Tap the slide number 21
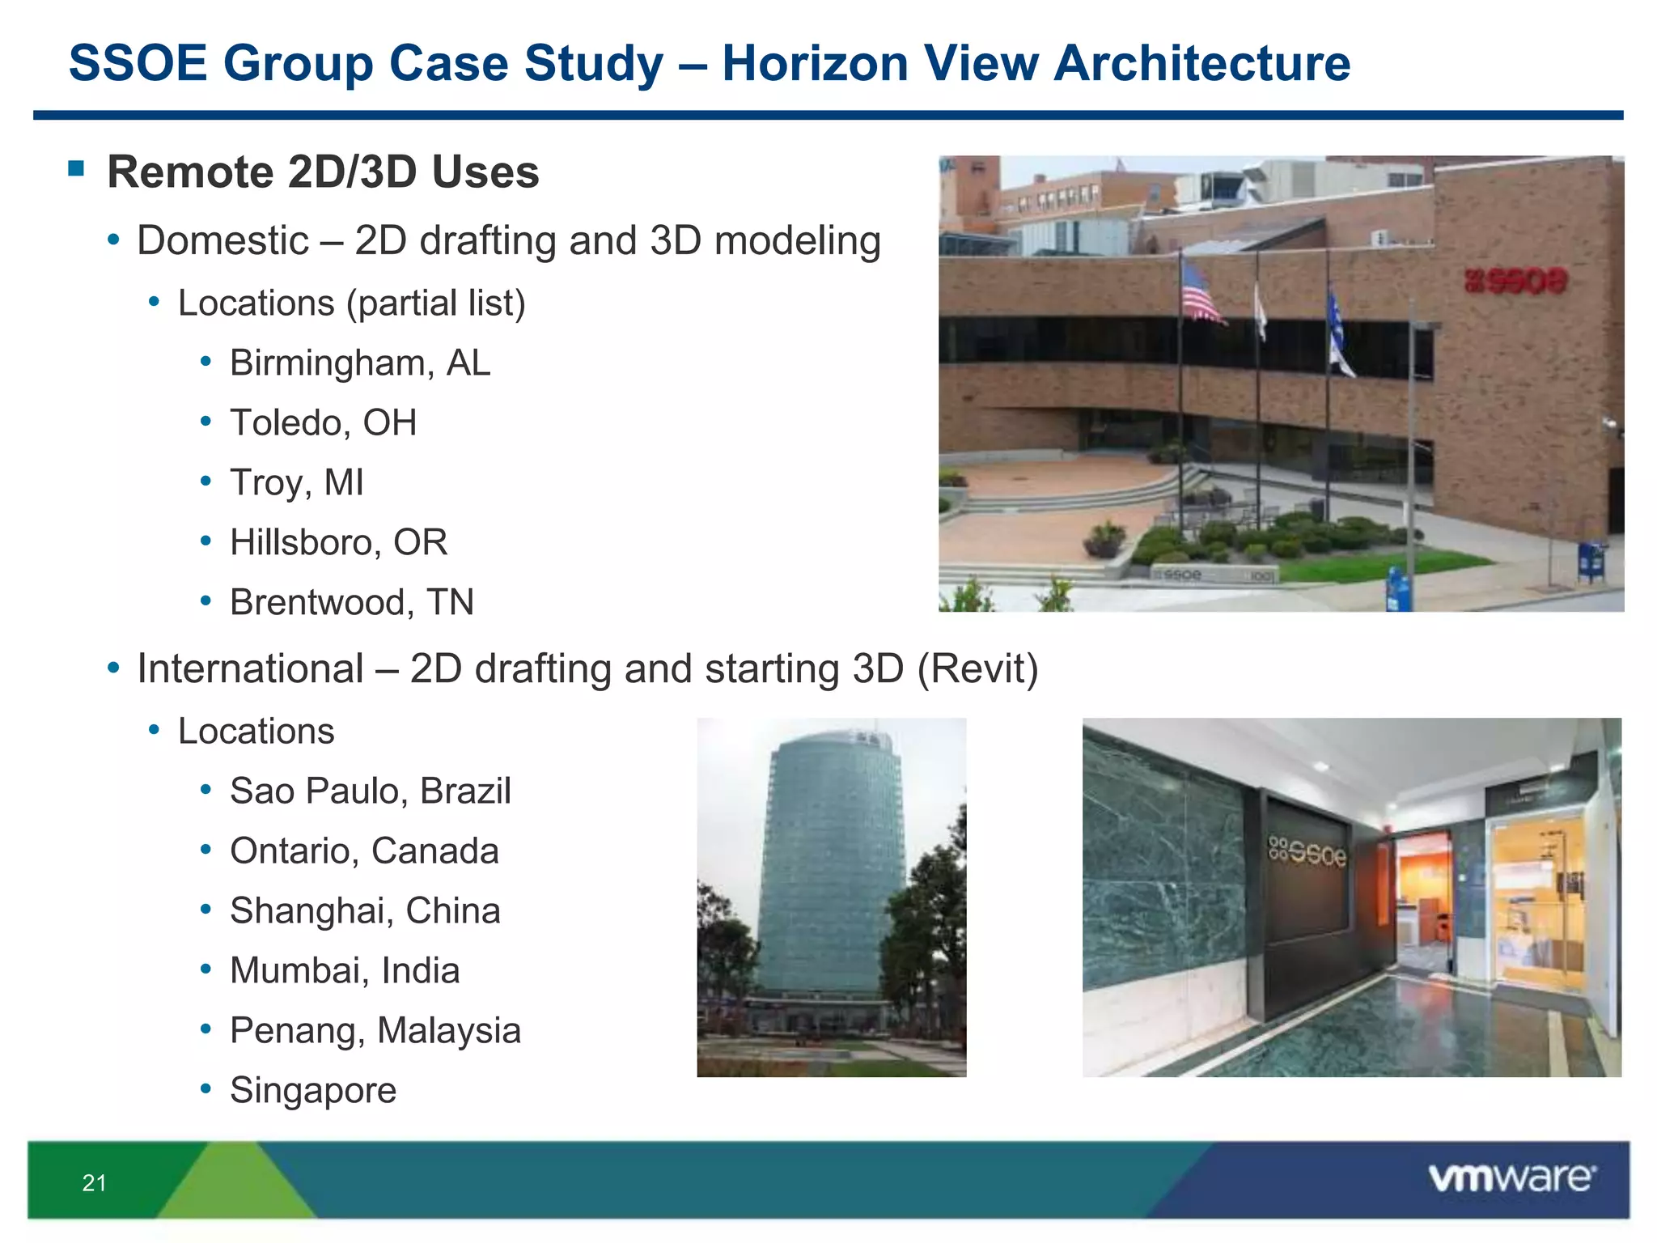[94, 1183]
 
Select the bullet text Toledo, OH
[323, 422]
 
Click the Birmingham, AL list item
[360, 363]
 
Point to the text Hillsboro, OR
[338, 542]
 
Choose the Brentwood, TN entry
[351, 602]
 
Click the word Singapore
[313, 1090]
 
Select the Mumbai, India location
[345, 970]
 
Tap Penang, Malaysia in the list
[375, 1030]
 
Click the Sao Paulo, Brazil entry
[370, 791]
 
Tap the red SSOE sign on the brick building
[1515, 282]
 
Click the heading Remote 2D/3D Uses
[323, 172]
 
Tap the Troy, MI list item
[296, 482]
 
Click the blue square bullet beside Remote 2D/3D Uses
[77, 168]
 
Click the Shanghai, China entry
[365, 910]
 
